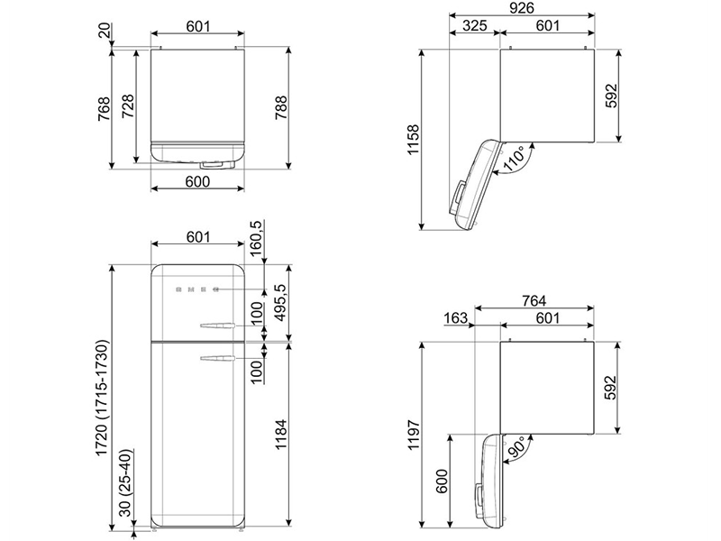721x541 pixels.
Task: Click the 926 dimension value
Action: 522,7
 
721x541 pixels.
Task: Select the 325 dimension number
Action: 474,25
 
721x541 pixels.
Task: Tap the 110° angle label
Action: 514,159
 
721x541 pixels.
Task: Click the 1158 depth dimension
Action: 413,140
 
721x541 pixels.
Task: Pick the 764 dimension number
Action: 534,300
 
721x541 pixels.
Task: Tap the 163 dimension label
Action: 456,318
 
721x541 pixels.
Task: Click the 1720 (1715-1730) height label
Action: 102,399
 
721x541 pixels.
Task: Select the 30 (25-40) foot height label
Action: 125,482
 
